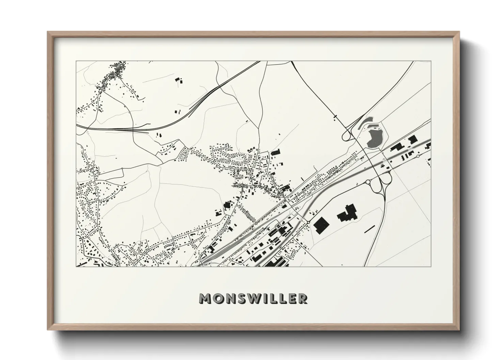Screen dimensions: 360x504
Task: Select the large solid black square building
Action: (x=320, y=225)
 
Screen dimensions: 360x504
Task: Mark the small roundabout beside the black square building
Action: (x=308, y=222)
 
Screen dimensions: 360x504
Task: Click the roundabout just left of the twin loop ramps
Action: (x=368, y=182)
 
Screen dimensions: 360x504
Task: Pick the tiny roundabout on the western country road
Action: (x=122, y=169)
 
